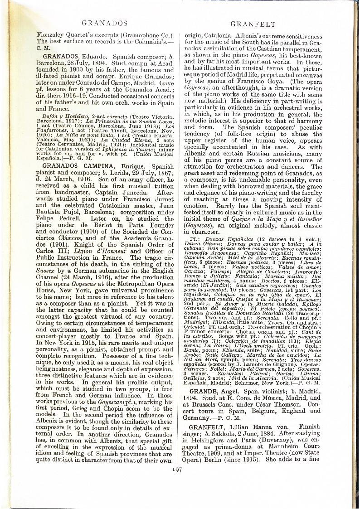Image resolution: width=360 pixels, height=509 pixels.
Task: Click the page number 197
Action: [177, 469]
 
